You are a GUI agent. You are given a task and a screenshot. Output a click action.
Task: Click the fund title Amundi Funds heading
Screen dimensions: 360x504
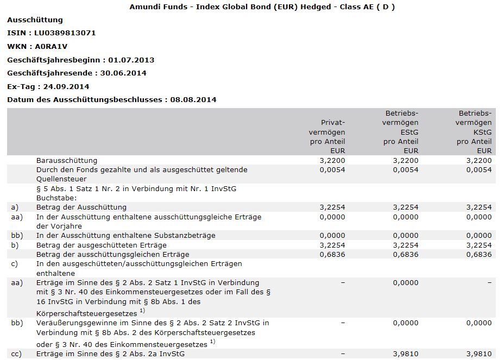pyautogui.click(x=262, y=7)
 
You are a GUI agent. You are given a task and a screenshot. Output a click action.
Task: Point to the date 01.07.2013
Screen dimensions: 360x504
pyautogui.click(x=131, y=60)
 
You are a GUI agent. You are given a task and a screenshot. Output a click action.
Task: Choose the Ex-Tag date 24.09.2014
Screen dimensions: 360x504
pyautogui.click(x=66, y=86)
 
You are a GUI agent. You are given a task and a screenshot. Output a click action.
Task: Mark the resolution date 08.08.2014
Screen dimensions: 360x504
pyautogui.click(x=193, y=99)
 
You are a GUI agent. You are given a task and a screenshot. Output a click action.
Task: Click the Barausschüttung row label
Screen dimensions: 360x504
pyautogui.click(x=67, y=161)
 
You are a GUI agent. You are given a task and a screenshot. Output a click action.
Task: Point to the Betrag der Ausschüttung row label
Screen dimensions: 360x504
pyautogui.click(x=81, y=207)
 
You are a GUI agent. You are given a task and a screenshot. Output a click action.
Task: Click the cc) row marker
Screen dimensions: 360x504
pyautogui.click(x=16, y=354)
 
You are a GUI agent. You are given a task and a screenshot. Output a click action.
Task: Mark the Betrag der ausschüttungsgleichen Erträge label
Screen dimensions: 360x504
pyautogui.click(x=112, y=254)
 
